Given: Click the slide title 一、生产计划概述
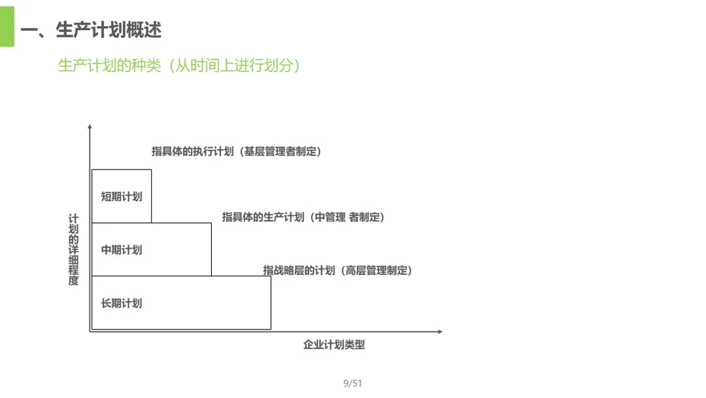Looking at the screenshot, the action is coord(91,30).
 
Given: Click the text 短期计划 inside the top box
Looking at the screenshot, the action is coord(122,196).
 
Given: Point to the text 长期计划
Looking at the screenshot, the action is coord(122,304).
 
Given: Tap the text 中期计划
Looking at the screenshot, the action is coord(122,250).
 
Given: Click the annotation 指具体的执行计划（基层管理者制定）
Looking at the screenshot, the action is coord(237,152).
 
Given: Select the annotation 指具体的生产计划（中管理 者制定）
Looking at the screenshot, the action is coord(303,217).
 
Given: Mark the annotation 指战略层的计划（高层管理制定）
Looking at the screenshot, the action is coord(338,270).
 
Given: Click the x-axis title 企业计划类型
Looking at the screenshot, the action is coord(334,345).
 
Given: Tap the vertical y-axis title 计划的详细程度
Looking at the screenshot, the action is coord(74,250).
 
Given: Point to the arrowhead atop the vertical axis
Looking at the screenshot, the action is coord(90,126).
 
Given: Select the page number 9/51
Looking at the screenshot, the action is coord(352,384).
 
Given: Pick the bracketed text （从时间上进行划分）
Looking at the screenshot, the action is coord(234,66).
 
